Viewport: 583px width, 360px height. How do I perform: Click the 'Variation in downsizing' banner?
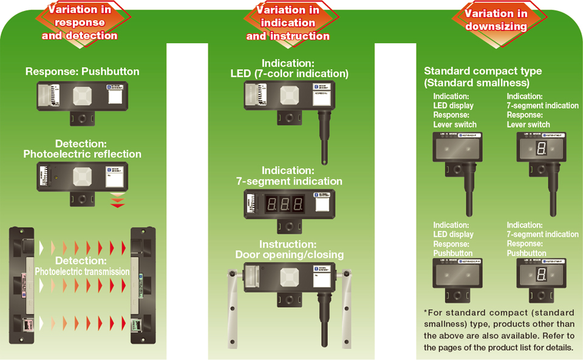496,20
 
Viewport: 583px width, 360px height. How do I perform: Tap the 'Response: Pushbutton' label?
83,72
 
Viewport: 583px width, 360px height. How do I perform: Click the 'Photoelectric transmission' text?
82,271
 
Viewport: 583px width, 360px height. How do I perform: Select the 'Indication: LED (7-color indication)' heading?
289,69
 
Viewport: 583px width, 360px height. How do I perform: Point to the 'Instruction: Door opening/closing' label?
289,250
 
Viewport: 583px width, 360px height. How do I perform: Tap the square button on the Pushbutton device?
83,95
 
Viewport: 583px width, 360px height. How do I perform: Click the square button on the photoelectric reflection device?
83,177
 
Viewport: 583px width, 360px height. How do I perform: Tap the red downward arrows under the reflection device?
117,201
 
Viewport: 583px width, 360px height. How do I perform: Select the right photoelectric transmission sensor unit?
142,285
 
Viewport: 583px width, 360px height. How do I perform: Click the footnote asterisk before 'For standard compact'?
426,312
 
